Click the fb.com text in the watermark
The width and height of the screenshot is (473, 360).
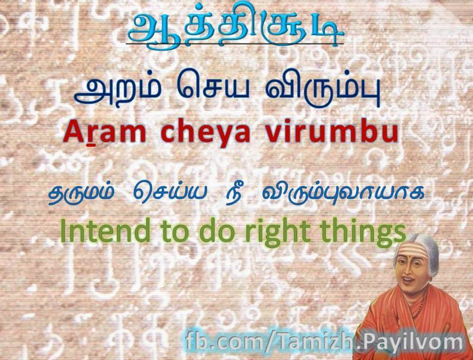(x=224, y=341)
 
